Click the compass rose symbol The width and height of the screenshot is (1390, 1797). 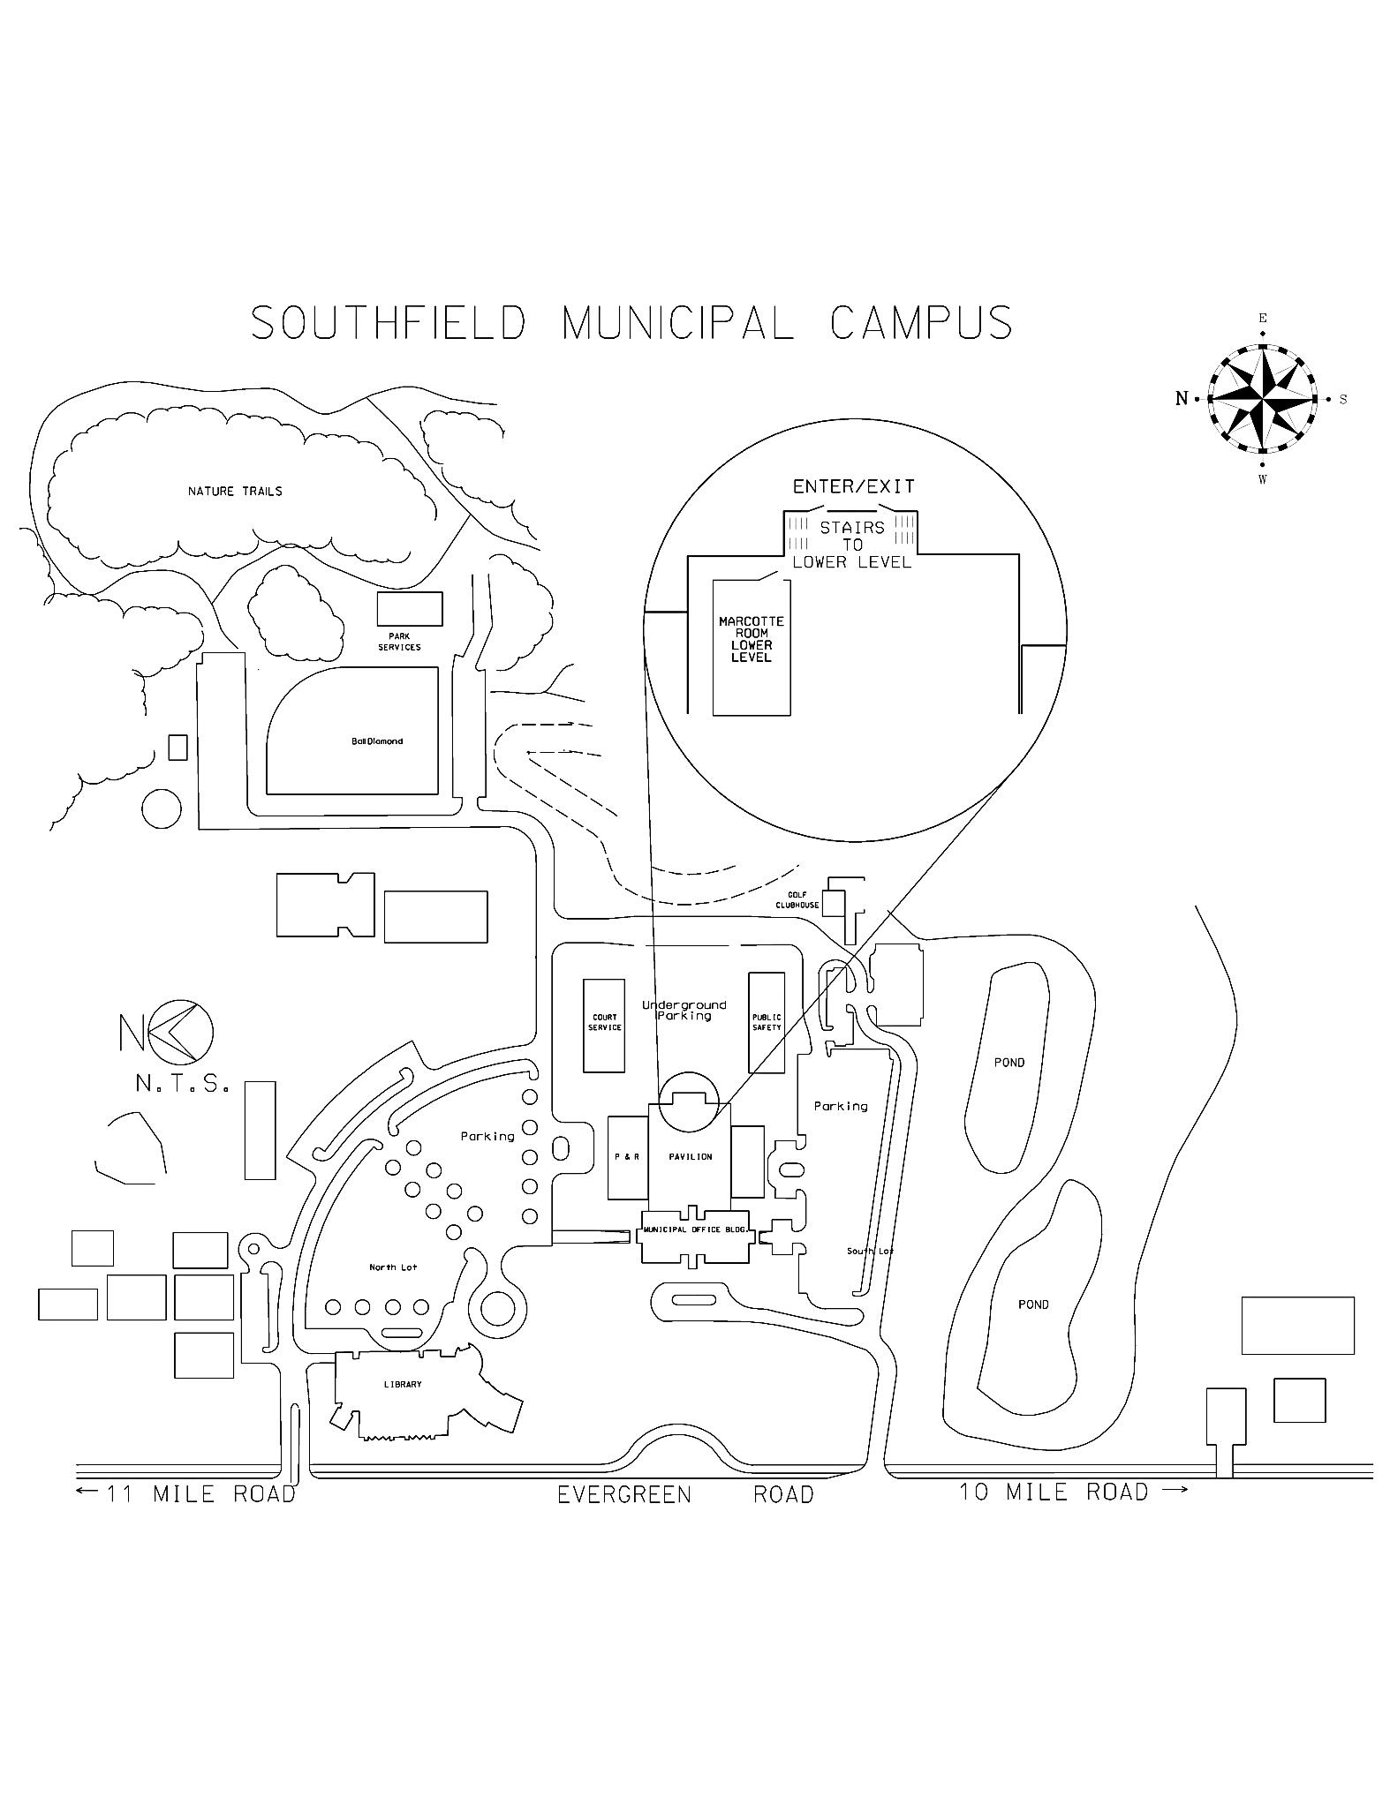[x=1262, y=399]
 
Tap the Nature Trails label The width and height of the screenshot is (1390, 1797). [x=235, y=491]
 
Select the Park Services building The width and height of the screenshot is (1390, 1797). [x=410, y=609]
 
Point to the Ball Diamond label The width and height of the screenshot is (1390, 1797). [x=377, y=741]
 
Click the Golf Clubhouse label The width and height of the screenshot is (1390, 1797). [x=797, y=900]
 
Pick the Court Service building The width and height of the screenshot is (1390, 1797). [x=604, y=1025]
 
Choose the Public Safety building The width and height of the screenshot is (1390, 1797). [x=767, y=1023]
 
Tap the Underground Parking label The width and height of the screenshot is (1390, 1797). [x=684, y=1011]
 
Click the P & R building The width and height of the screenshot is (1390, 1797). [x=627, y=1157]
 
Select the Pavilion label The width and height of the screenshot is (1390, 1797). [x=690, y=1157]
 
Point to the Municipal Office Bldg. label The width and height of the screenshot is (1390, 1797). [x=696, y=1229]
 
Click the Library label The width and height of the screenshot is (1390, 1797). [x=403, y=1385]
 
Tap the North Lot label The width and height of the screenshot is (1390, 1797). [x=393, y=1267]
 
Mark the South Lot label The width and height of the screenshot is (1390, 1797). [x=870, y=1252]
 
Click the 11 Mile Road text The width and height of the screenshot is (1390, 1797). [x=200, y=1494]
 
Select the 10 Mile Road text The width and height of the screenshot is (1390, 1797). [x=1054, y=1492]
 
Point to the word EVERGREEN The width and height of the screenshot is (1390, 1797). [x=624, y=1495]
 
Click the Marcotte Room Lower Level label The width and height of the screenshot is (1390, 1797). [x=752, y=639]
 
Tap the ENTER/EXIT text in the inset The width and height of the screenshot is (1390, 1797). [x=853, y=486]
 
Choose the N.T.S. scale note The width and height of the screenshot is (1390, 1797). [x=183, y=1084]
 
